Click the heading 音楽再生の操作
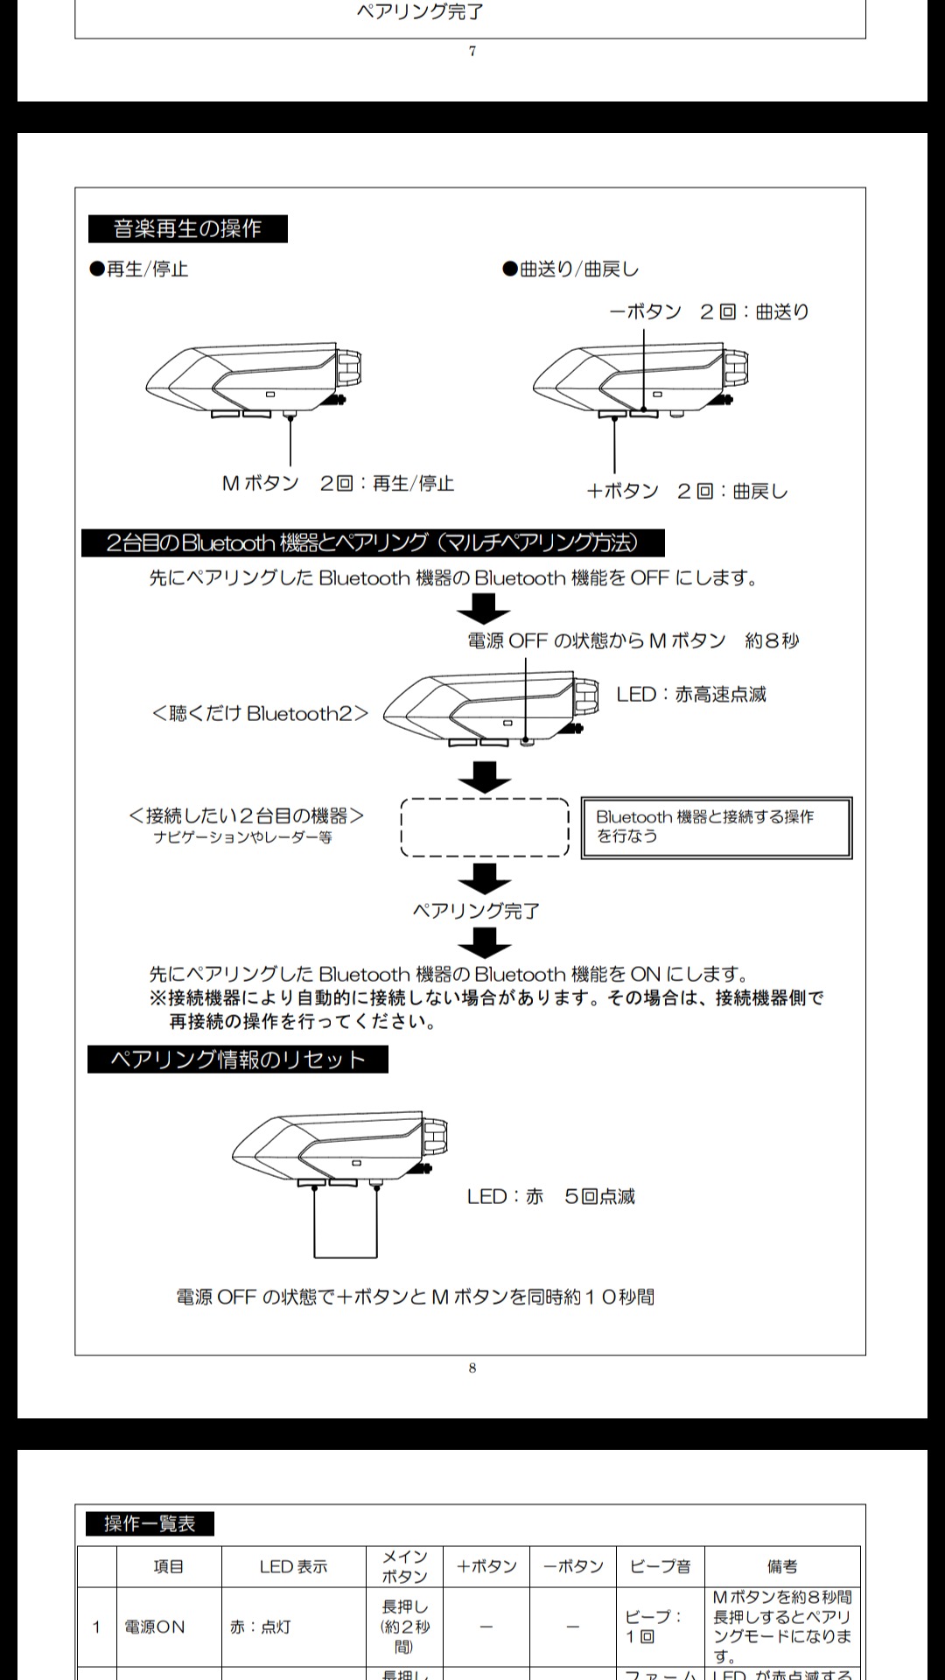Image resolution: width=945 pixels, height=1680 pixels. (x=187, y=229)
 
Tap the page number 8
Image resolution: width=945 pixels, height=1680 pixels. (x=472, y=1368)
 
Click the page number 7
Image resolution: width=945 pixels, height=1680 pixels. (x=472, y=52)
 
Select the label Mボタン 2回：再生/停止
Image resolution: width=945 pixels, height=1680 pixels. (x=338, y=483)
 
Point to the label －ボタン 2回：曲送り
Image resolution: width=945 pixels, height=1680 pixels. (x=709, y=311)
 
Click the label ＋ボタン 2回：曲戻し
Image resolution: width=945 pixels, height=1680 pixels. (x=687, y=491)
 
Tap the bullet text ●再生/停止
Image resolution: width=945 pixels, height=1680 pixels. (x=139, y=269)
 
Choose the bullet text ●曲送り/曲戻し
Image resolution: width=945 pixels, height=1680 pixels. (x=570, y=269)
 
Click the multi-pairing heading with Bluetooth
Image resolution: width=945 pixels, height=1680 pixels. (x=373, y=543)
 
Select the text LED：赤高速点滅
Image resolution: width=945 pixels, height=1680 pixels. (x=691, y=695)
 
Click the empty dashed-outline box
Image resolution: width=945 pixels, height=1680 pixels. (x=485, y=827)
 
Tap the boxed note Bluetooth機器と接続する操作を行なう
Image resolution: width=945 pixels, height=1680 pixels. (x=716, y=827)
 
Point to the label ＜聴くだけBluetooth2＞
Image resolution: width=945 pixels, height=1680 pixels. (x=260, y=714)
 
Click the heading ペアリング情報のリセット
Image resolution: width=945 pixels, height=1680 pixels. (x=237, y=1060)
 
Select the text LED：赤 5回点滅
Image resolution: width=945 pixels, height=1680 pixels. (x=551, y=1196)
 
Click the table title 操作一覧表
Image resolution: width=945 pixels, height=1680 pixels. (x=150, y=1523)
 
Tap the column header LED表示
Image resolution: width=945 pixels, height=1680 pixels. (x=293, y=1566)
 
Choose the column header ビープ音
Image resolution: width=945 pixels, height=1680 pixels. (x=660, y=1566)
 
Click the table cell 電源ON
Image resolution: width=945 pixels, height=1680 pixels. (x=155, y=1627)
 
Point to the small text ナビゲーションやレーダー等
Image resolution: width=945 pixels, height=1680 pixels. (x=242, y=837)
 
